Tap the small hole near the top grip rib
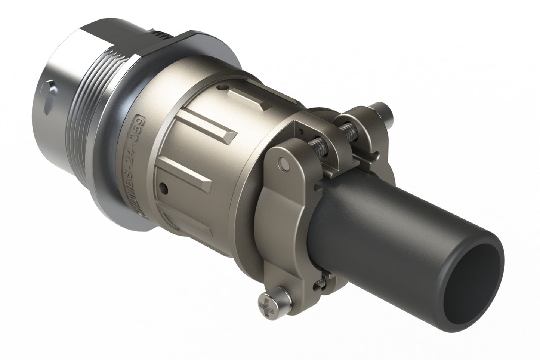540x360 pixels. [x=223, y=89]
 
